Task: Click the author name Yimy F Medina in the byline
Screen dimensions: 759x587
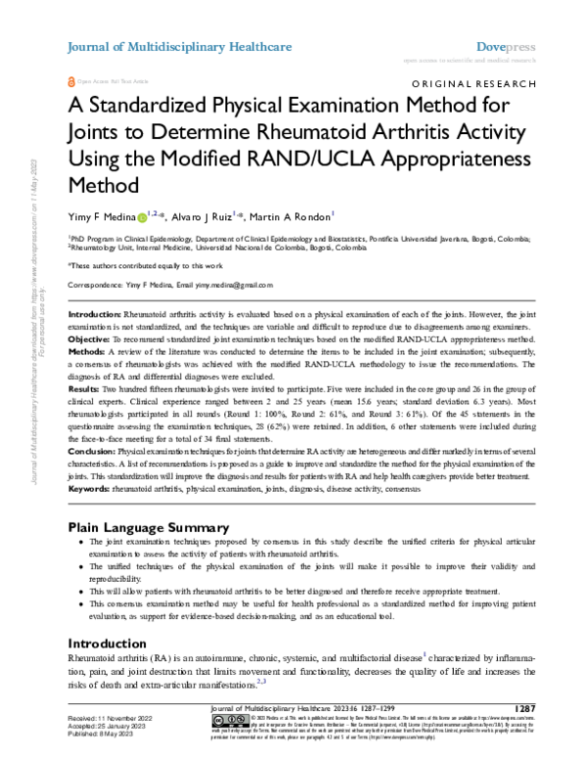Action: pyautogui.click(x=99, y=216)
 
